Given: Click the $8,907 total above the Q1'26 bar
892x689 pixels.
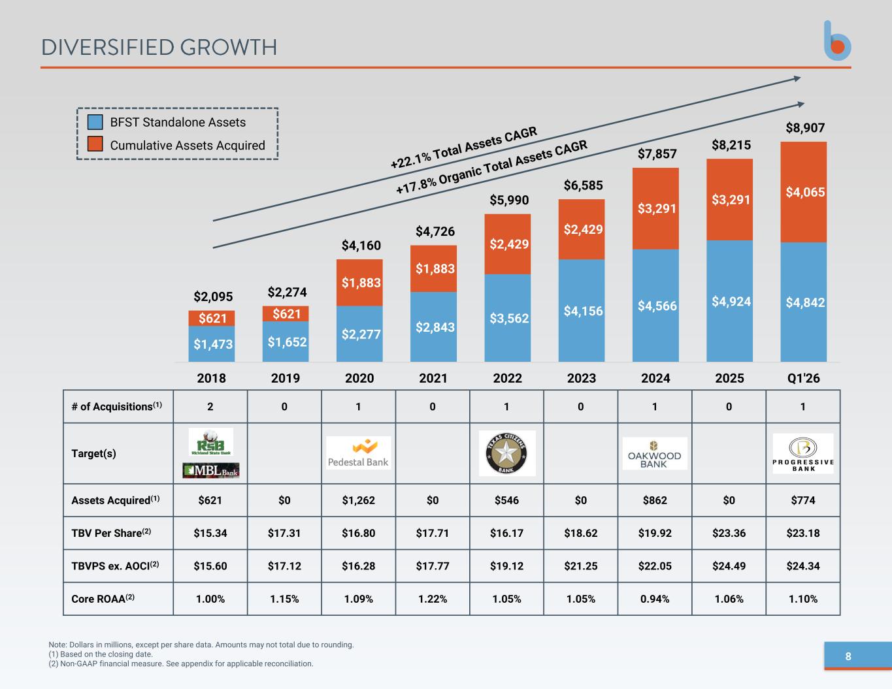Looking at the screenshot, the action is coord(805,128).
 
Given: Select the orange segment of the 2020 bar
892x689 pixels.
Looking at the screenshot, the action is coord(359,283).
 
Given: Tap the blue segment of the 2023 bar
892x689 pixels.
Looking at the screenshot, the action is coord(581,310).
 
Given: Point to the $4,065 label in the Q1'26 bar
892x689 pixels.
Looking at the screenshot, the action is coord(805,192).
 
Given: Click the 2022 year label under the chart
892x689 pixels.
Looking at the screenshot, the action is coord(507,378).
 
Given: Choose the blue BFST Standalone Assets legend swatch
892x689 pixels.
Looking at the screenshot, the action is coord(95,122).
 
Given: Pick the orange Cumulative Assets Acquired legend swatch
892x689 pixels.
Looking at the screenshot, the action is coord(95,144).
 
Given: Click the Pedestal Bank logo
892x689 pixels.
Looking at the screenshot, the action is coord(358,453).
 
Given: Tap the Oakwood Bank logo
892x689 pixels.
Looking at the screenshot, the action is coord(655,454).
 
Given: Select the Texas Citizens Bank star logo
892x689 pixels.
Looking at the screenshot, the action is coord(507,453).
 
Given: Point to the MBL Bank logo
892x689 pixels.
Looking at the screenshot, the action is coord(211,470).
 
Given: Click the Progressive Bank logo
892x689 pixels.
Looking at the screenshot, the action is coord(803,454).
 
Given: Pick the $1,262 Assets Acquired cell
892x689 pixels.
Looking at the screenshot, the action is coord(358,500).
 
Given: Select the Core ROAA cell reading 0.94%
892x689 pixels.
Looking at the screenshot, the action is coord(655,599).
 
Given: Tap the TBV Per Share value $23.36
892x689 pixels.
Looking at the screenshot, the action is coord(729,533).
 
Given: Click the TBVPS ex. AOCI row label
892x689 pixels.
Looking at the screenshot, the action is coord(115,566).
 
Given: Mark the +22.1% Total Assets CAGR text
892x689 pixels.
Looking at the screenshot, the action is coord(464,148).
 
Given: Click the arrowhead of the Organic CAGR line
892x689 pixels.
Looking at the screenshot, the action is coord(801,104).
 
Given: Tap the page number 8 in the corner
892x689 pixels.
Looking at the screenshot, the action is coord(848,656).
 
